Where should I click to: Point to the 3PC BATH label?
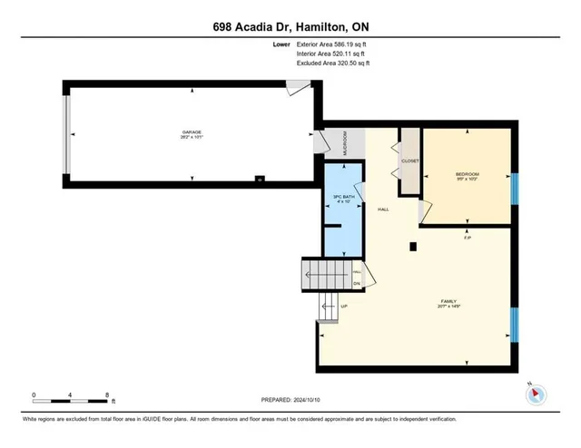click(342, 199)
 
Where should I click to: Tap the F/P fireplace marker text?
click(467, 238)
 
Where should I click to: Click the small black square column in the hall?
click(412, 245)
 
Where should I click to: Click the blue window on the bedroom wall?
click(513, 189)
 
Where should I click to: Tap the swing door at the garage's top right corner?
click(296, 88)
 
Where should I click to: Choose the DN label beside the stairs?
click(357, 283)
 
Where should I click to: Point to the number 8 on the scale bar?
click(106, 395)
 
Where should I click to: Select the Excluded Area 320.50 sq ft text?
click(333, 63)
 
